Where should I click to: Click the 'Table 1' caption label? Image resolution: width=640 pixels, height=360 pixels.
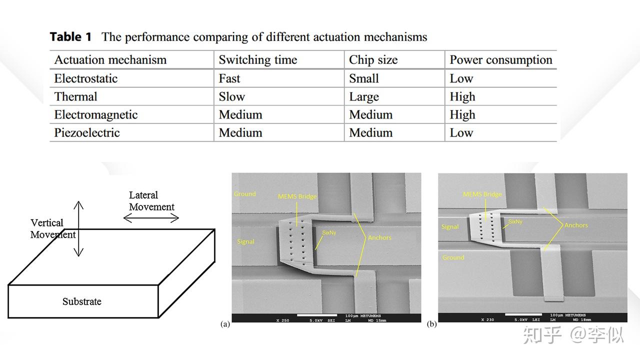coord(71,37)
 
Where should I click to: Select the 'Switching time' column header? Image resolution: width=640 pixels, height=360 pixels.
coord(257,60)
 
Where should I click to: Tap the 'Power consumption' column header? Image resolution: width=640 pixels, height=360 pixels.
coord(500,60)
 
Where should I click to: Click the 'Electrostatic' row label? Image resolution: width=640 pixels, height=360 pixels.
coord(86,78)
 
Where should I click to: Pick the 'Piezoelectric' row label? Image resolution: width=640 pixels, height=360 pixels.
coord(87,132)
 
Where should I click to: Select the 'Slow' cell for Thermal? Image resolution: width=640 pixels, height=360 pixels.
coord(232,96)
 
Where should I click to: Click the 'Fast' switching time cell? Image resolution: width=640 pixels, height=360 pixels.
coord(229,78)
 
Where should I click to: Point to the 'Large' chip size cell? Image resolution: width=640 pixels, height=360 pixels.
coord(364,96)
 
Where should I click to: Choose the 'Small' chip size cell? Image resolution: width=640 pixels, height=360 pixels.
coord(364,78)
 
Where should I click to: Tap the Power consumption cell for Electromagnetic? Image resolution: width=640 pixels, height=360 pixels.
coord(462,114)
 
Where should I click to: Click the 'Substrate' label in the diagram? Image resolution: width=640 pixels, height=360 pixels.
coord(82,301)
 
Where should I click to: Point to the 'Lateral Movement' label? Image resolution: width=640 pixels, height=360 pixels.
coord(151,201)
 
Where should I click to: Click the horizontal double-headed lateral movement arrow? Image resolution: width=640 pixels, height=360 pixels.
coord(151,217)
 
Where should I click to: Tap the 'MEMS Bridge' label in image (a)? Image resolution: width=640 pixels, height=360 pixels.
coord(297,196)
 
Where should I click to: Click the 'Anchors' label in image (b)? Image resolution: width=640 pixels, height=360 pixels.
coord(576,225)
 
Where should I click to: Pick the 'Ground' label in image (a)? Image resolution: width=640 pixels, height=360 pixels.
coord(245,194)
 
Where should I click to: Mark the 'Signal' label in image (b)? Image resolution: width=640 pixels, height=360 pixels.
coord(450,227)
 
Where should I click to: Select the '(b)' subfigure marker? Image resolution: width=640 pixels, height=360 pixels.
coord(431,324)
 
